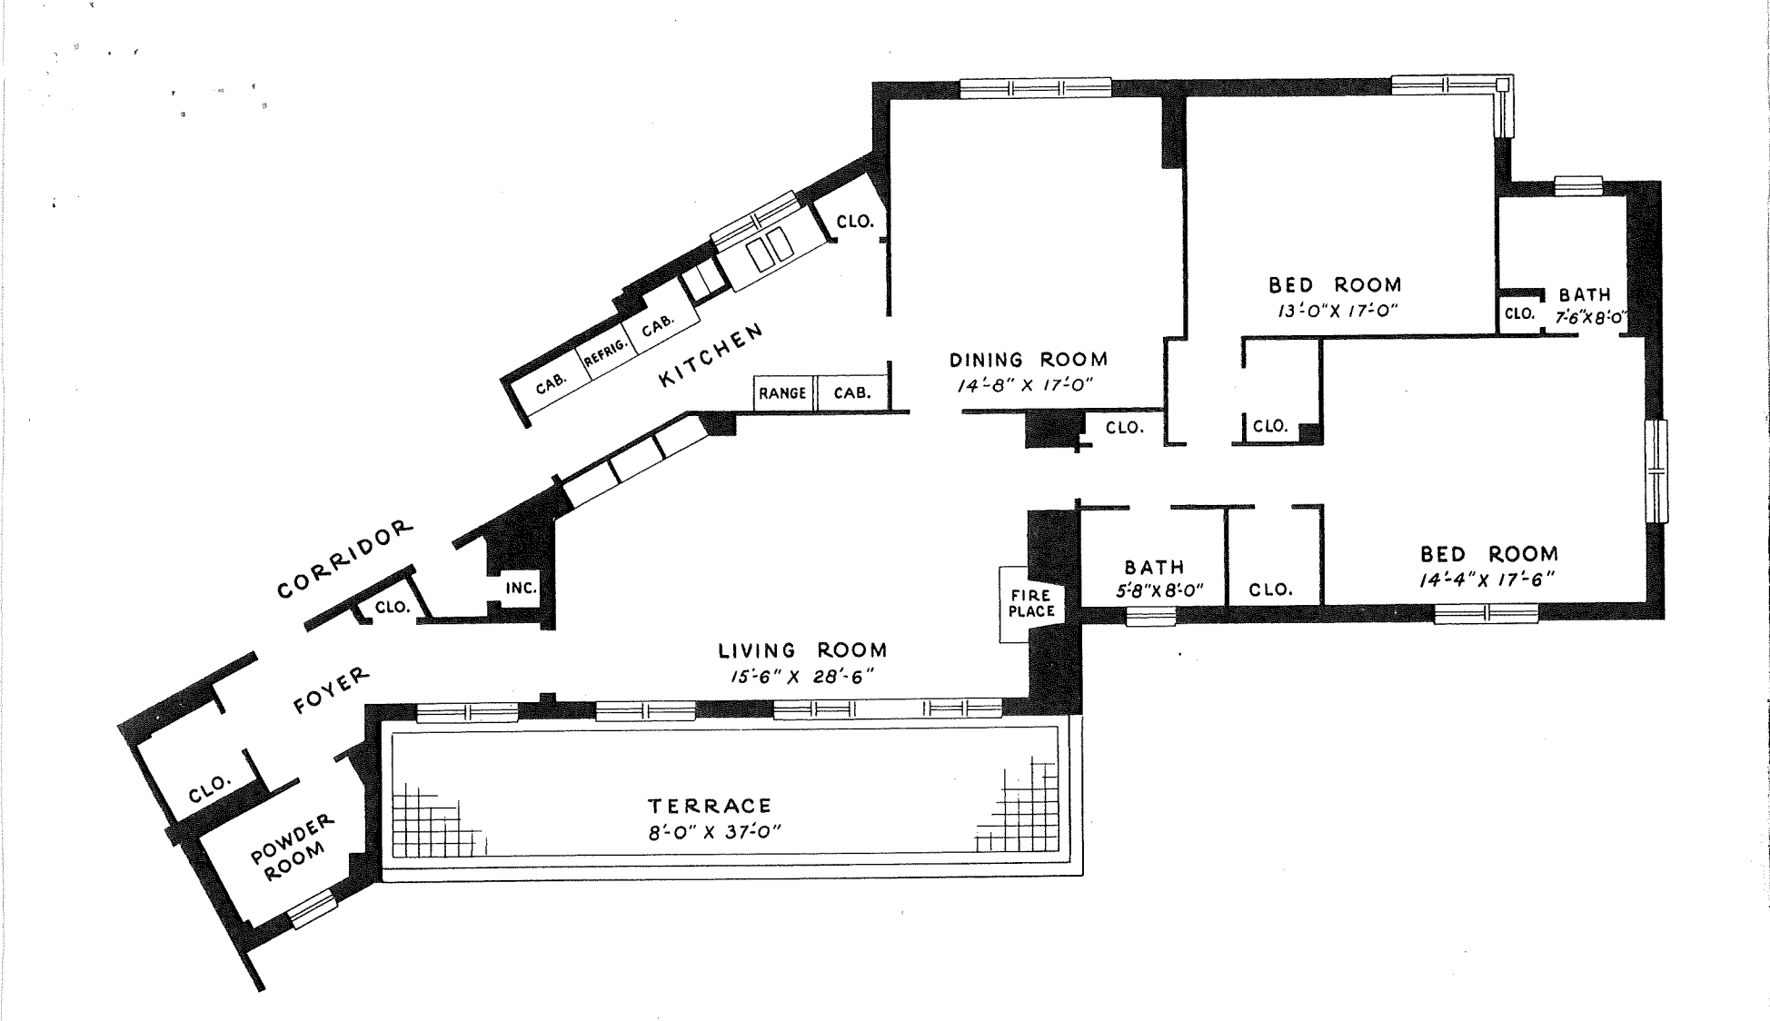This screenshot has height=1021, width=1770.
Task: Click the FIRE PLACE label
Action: tap(1031, 603)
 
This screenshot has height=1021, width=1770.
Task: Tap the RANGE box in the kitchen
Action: tap(782, 393)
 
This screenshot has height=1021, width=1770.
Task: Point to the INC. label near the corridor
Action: tap(521, 588)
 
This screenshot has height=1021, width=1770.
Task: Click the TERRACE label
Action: tap(710, 806)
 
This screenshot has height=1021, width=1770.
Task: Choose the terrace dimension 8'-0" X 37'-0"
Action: tap(714, 832)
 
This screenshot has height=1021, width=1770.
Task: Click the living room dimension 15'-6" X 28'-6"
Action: tap(801, 677)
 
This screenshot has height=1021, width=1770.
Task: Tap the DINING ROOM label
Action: tap(1028, 360)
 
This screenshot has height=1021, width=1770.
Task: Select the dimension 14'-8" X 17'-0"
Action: tap(1024, 385)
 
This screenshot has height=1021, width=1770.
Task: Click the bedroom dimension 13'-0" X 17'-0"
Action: tap(1337, 310)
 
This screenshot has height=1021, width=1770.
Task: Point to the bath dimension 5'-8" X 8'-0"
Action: tap(1158, 590)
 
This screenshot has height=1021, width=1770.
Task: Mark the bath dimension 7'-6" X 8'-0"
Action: tap(1589, 319)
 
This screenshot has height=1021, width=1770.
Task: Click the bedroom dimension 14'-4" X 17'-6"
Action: tap(1487, 580)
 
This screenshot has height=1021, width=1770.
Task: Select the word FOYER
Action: tap(332, 690)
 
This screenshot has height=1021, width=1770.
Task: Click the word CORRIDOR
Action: tap(345, 560)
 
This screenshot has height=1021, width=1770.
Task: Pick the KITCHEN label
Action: tap(711, 355)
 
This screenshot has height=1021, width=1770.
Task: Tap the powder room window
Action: tap(312, 908)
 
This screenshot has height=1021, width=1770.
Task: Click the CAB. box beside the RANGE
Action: tap(852, 393)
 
